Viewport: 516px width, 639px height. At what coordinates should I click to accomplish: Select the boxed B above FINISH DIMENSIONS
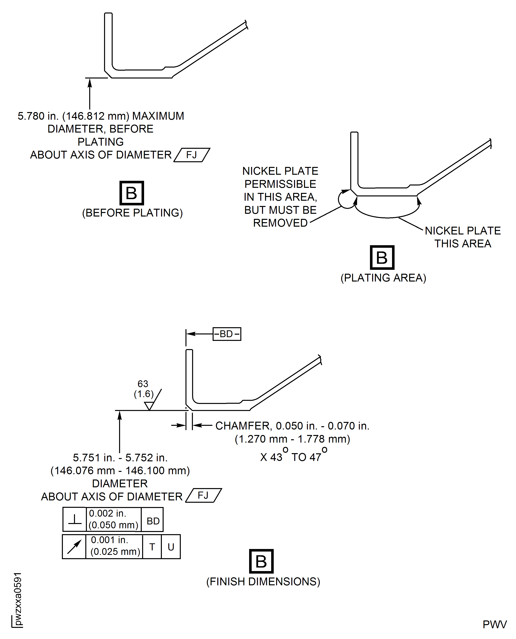pos(261,561)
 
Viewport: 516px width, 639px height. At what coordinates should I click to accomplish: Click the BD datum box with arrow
pos(227,334)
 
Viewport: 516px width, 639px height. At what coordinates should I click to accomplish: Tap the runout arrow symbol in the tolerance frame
pos(74,547)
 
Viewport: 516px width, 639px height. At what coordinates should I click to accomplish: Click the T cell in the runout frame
pos(152,547)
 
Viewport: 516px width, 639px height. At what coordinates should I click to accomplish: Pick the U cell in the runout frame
pos(171,547)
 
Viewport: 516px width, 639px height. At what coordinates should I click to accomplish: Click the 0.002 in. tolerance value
pos(108,513)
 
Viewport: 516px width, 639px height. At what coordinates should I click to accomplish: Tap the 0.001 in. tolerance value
pos(109,540)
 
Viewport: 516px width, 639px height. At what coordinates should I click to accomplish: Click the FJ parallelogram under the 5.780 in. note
pos(192,155)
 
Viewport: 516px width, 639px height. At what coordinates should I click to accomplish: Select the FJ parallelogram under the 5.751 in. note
pos(203,496)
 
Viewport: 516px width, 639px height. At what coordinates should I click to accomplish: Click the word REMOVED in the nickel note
pos(280,223)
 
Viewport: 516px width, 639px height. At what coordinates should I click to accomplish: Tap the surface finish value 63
pos(143,384)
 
